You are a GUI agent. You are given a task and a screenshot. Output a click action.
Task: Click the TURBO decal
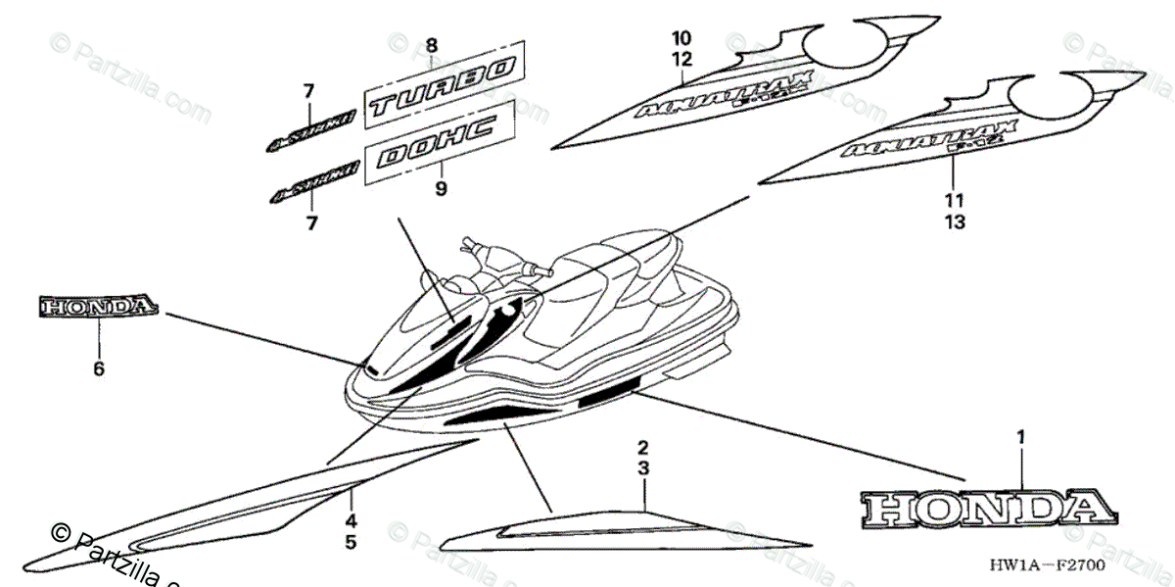[441, 83]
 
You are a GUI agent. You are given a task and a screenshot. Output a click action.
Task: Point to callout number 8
[432, 44]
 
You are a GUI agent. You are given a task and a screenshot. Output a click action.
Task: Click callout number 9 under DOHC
[441, 188]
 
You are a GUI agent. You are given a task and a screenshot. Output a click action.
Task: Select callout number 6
[99, 368]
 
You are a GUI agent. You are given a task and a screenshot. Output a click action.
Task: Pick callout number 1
[1020, 438]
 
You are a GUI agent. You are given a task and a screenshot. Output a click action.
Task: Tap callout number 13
[955, 221]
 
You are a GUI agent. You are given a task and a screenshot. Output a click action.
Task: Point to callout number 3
[643, 468]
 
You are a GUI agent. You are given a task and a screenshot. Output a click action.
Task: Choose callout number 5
[350, 541]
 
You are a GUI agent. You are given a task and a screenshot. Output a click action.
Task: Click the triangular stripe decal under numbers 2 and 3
[627, 529]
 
